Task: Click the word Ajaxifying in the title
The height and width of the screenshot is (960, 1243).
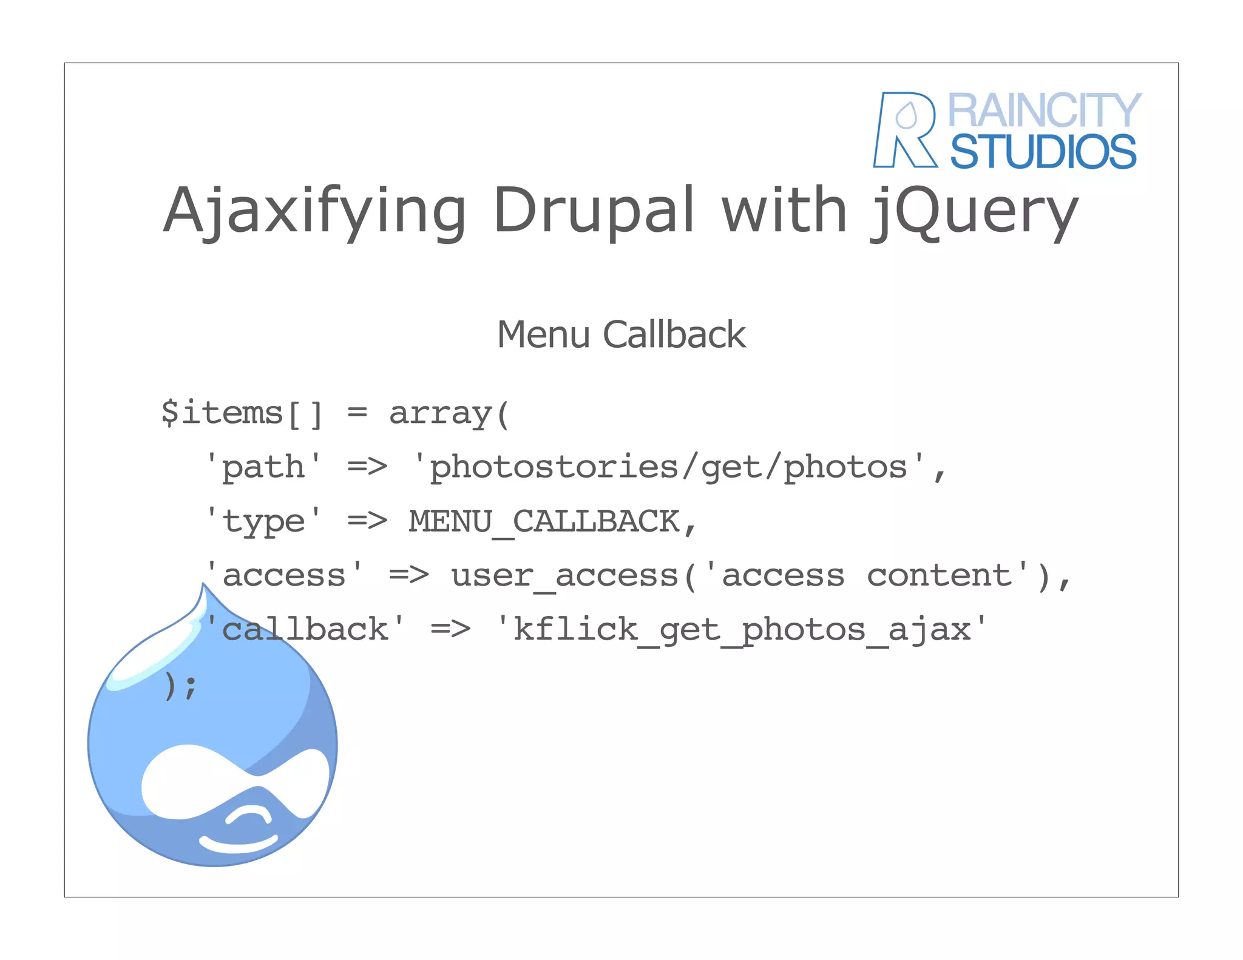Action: click(314, 211)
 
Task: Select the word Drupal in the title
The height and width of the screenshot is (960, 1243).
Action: click(594, 211)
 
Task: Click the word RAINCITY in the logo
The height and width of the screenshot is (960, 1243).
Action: click(1044, 110)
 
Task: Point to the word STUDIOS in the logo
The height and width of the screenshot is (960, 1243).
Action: click(1043, 152)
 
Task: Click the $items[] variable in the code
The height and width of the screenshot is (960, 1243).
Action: click(242, 413)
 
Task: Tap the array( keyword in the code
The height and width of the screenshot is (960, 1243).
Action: click(449, 413)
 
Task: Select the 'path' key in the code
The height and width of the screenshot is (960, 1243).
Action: click(263, 467)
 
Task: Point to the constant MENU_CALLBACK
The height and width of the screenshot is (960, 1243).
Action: click(544, 521)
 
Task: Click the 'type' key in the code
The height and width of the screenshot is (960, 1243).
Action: click(263, 521)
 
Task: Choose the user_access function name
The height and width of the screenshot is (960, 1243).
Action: click(564, 575)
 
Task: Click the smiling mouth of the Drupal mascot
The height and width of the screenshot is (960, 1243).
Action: click(238, 843)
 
